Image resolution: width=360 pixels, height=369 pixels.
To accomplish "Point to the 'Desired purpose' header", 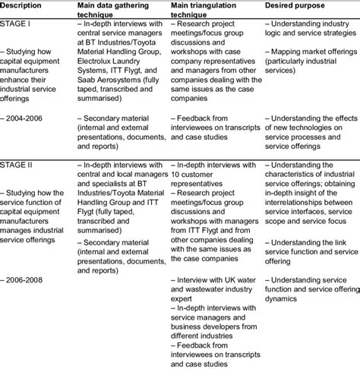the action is pyautogui.click(x=298, y=5).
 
